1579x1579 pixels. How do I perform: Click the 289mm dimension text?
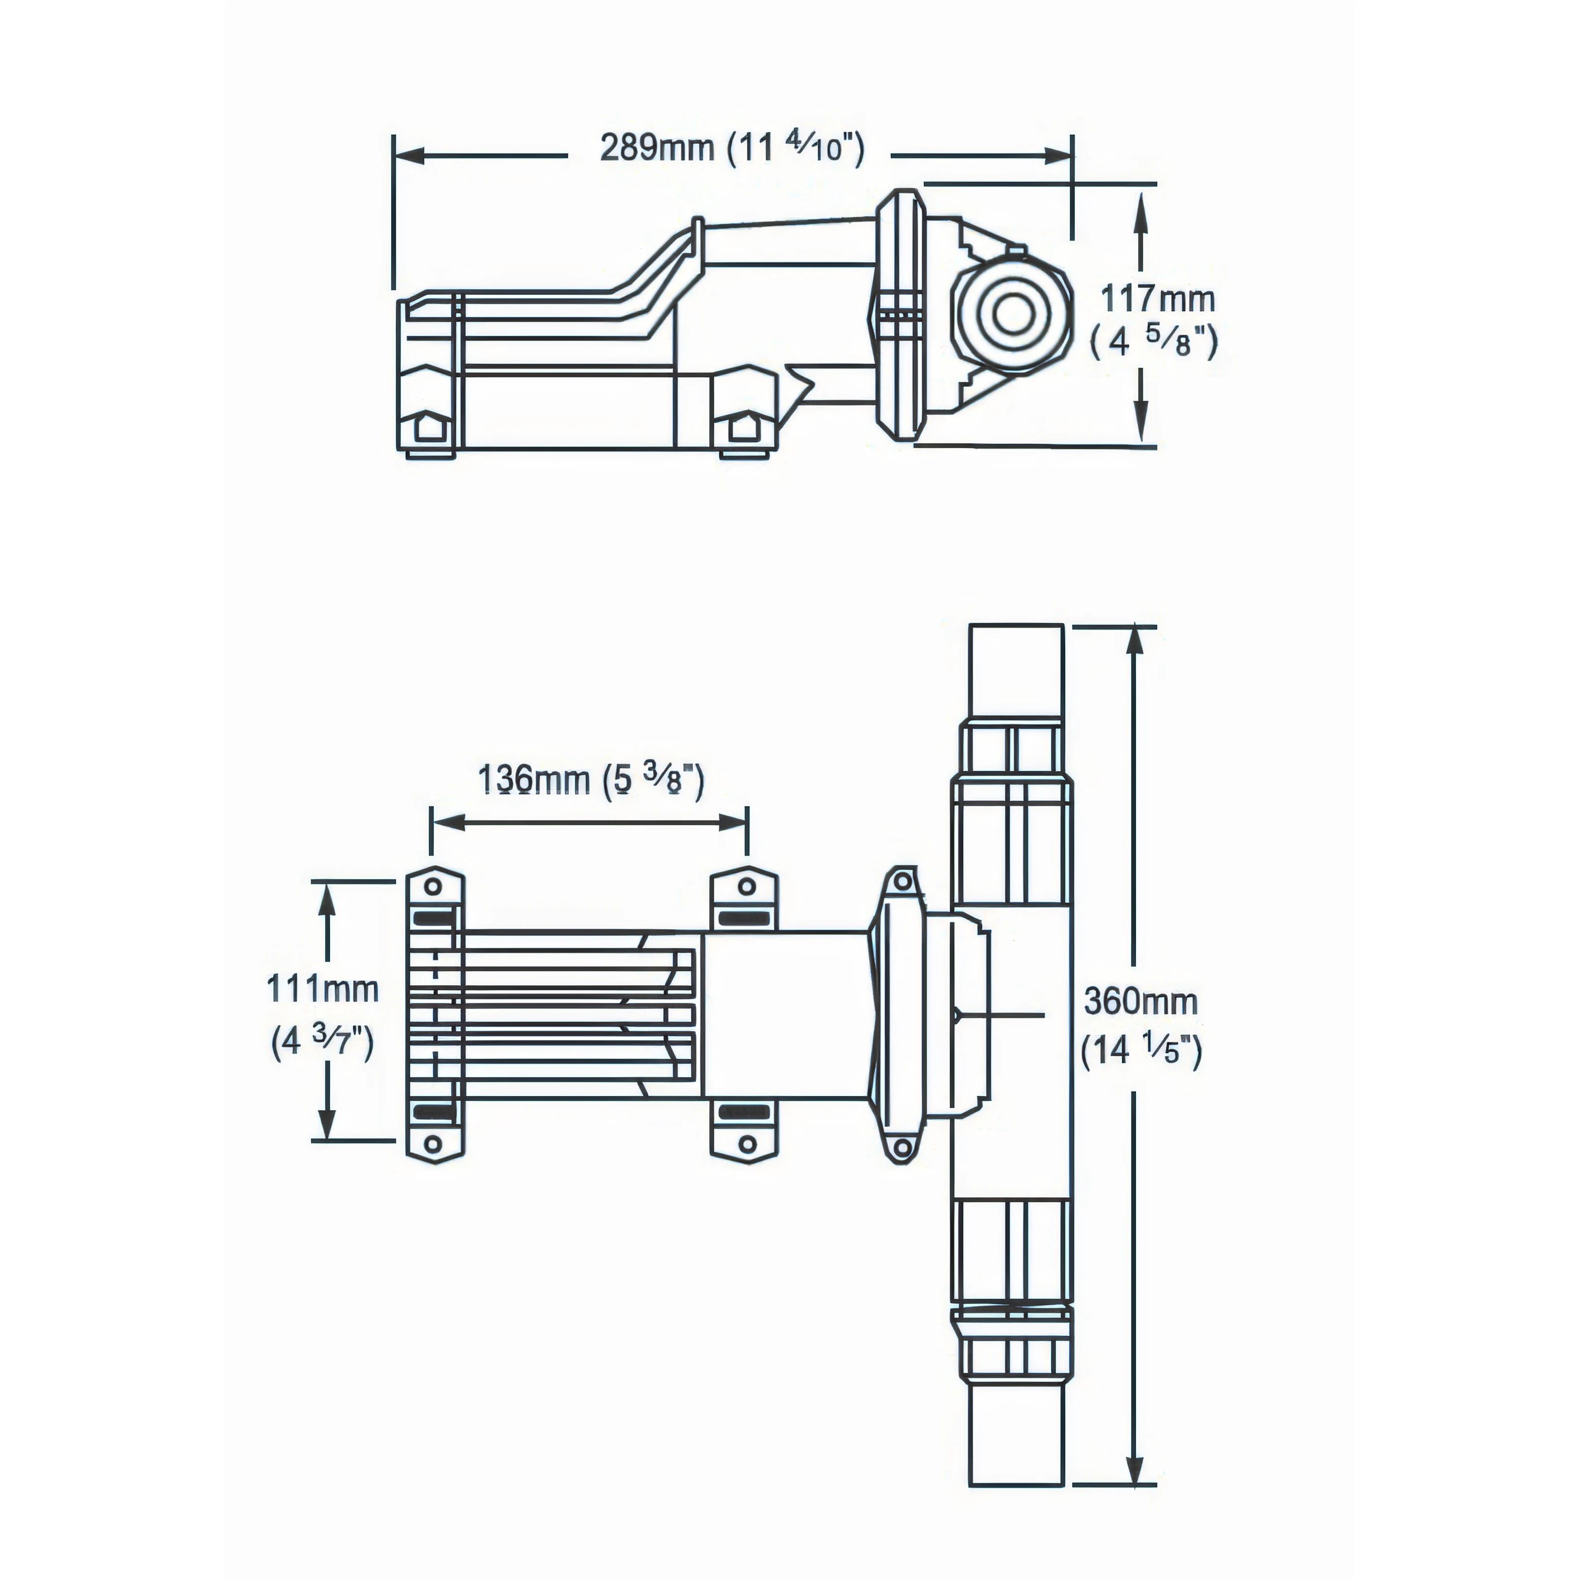657,148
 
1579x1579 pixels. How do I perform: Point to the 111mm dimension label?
323,990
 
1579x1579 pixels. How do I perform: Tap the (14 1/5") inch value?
1142,1050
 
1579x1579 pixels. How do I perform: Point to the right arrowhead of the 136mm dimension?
732,823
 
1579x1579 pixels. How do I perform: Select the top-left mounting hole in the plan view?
434,887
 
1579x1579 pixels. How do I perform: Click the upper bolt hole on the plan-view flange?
902,883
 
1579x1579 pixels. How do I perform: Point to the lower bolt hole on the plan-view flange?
902,1148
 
